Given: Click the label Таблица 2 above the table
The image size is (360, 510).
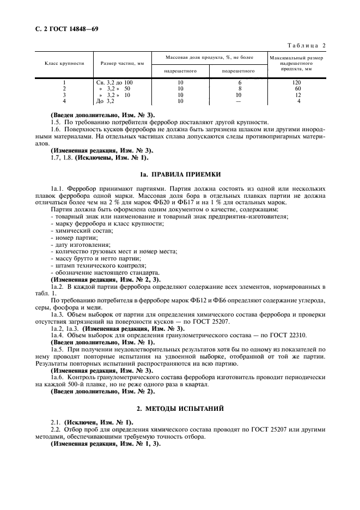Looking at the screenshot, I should [307, 45].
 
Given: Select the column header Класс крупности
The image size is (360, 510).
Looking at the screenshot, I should [64, 63].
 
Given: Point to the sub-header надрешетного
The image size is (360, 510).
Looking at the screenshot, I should [180, 71].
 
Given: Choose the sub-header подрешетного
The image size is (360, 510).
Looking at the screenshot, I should [239, 71].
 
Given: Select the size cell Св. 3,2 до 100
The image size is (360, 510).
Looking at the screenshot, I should [114, 82].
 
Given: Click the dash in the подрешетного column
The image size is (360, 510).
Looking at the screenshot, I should [239, 101].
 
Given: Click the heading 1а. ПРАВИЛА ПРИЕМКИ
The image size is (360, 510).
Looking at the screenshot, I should [180, 175].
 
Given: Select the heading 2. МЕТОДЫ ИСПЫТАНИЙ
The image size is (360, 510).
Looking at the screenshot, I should [180, 408].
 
